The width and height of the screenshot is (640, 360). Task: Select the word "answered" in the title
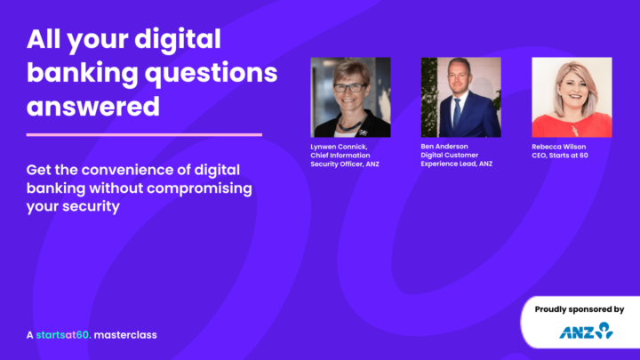[93, 108]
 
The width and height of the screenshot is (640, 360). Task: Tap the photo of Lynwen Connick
[350, 97]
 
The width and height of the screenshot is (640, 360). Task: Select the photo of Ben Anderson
[460, 97]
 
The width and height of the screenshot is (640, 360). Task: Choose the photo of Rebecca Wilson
[572, 97]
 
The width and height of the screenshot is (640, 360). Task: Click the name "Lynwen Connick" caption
[339, 148]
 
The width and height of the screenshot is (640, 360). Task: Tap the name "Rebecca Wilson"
[559, 147]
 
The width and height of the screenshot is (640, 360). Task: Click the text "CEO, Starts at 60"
[560, 156]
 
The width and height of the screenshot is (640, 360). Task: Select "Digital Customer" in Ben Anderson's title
[450, 156]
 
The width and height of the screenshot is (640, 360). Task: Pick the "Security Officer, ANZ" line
[345, 164]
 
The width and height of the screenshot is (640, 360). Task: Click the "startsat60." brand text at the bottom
[62, 335]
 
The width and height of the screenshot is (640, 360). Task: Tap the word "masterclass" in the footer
[125, 335]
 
